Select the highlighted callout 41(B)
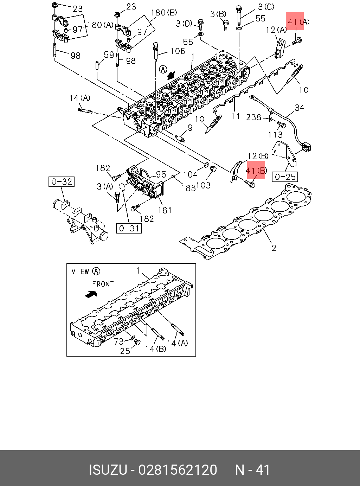(x=256, y=170)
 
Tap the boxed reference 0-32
(x=62, y=181)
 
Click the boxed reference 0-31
(x=129, y=228)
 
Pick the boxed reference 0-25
(x=285, y=177)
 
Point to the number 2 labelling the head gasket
(x=274, y=248)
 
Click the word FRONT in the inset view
(x=103, y=284)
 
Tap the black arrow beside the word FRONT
(x=91, y=293)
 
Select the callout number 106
(x=178, y=51)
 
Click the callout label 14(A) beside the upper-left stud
(x=80, y=98)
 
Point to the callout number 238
(x=253, y=117)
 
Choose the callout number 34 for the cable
(x=299, y=108)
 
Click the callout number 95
(x=161, y=174)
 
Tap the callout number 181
(x=165, y=210)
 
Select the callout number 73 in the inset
(x=118, y=341)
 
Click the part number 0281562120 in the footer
(x=178, y=470)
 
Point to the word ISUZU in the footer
(x=108, y=470)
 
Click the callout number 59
(x=109, y=55)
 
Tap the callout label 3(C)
(x=266, y=7)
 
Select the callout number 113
(x=275, y=135)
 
